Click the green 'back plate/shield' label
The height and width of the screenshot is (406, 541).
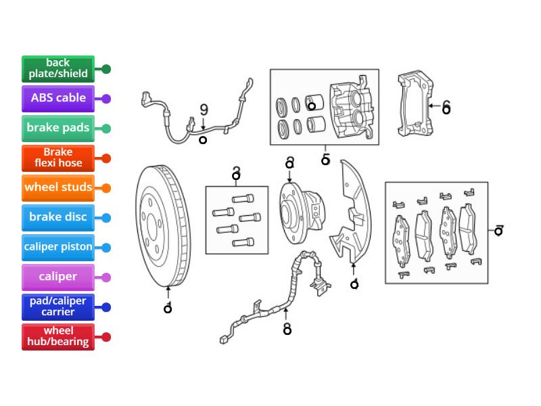coord(58,68)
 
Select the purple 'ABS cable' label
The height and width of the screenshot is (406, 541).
coord(58,98)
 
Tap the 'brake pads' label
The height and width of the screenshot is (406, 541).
coord(58,128)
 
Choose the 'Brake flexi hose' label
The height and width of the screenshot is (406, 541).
coord(58,158)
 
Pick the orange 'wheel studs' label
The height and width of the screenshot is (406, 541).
coord(58,187)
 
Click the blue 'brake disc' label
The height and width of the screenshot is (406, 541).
coord(58,217)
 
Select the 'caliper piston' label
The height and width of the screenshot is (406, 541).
coord(58,247)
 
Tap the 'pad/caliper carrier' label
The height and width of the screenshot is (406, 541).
coord(58,307)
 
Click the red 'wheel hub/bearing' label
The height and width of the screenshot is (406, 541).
coord(58,336)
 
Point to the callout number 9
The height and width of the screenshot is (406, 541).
coord(204,110)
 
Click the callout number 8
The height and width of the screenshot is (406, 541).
coord(287,330)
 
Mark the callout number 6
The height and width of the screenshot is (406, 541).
coord(446,108)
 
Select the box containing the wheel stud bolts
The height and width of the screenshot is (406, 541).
coord(237,220)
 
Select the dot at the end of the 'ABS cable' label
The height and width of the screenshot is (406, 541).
coord(106,99)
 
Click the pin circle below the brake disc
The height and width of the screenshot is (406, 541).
coord(168,309)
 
